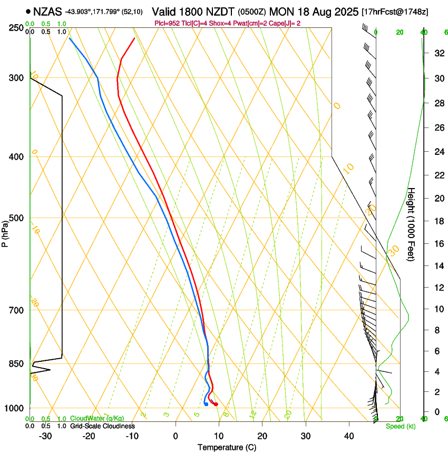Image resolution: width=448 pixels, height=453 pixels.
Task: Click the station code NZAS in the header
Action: click(x=47, y=11)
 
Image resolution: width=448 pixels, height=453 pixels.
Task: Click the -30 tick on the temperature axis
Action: click(x=45, y=436)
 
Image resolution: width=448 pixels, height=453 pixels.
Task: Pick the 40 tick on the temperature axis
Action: click(x=348, y=436)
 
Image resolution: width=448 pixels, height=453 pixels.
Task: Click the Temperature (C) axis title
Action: click(x=227, y=447)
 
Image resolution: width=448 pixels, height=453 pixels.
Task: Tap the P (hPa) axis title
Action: click(x=5, y=233)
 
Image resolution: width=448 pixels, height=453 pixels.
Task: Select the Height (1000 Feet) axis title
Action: click(x=412, y=224)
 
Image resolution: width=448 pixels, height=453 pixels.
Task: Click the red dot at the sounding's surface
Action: click(x=216, y=404)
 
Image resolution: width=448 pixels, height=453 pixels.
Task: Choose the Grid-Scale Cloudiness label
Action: click(x=102, y=426)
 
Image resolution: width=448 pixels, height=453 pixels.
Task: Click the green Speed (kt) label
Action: click(x=399, y=426)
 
